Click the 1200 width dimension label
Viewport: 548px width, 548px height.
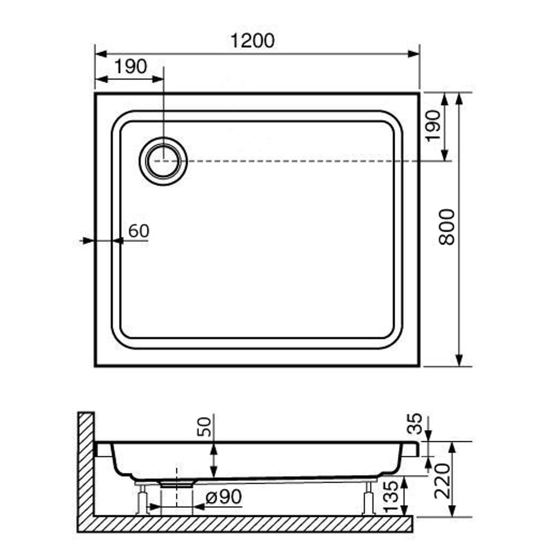tap(252, 41)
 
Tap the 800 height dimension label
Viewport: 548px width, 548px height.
tap(447, 227)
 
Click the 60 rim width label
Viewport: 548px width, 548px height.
tap(139, 231)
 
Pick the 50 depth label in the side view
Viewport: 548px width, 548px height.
tap(204, 427)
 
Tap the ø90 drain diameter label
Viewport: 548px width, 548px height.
tap(224, 496)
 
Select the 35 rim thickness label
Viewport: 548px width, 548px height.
tap(415, 424)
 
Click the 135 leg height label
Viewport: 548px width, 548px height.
tap(391, 497)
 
